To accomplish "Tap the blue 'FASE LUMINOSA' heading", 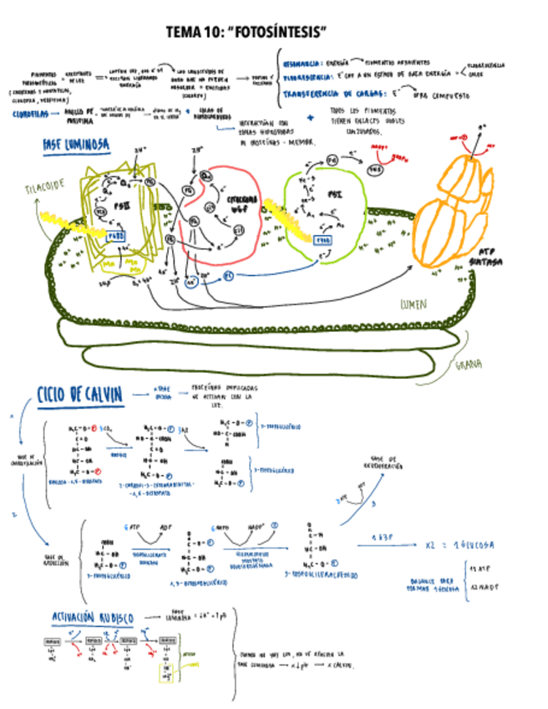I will (76, 145).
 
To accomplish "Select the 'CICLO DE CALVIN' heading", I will (80, 395).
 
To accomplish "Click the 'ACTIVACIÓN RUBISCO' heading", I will (92, 617).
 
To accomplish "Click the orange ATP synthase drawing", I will (451, 209).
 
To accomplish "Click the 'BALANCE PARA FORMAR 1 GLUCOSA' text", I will (435, 580).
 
